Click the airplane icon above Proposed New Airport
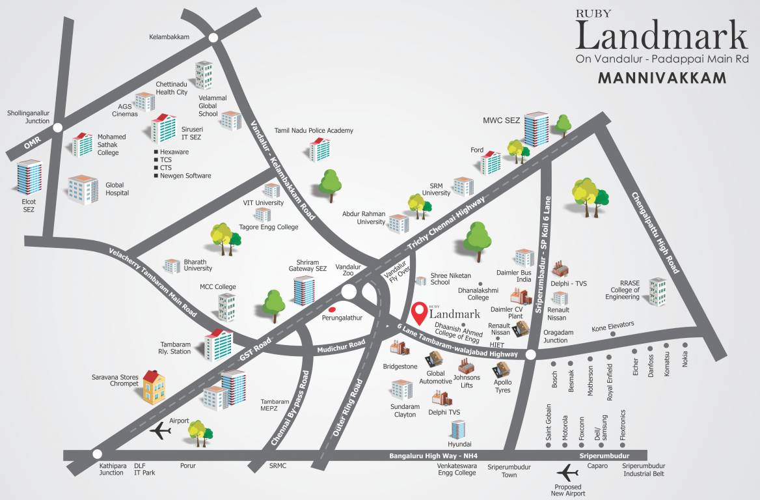[x=568, y=471]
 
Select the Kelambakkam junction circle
[x=213, y=38]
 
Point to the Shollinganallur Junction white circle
[x=58, y=128]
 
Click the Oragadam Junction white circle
[x=530, y=355]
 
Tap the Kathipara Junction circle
[x=97, y=454]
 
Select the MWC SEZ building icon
[x=536, y=129]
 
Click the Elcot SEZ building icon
[x=30, y=177]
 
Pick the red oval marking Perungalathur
[x=332, y=309]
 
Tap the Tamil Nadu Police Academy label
[x=314, y=131]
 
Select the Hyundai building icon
[x=458, y=429]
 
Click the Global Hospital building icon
[x=83, y=189]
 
